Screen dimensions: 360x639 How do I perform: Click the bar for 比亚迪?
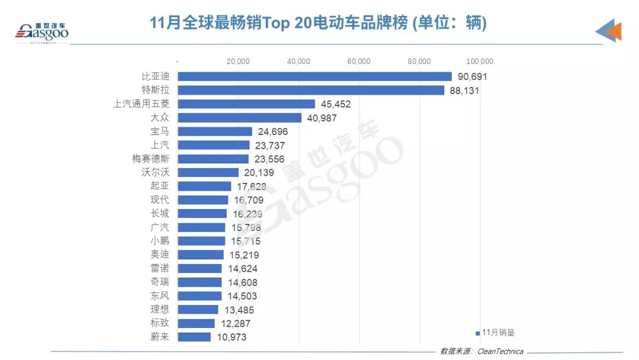tap(315, 76)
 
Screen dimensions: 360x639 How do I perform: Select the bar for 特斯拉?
tap(311, 90)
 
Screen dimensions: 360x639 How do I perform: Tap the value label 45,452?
tap(336, 104)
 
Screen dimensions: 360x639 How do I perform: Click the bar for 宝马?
tap(215, 131)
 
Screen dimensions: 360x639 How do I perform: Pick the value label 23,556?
tap(269, 159)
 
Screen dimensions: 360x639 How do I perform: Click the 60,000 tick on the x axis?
tap(359, 61)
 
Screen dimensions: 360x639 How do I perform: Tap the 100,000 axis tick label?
tap(479, 61)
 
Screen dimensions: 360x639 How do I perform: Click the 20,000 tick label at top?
tap(238, 61)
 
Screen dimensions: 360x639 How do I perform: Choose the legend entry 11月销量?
tap(495, 333)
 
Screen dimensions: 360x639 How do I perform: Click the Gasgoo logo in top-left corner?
tap(41, 31)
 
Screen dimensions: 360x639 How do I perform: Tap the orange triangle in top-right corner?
tap(613, 31)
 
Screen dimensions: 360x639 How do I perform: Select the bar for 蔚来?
tap(194, 337)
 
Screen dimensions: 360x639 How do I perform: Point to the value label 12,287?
tap(235, 323)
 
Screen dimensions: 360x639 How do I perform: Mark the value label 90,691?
tap(472, 77)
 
